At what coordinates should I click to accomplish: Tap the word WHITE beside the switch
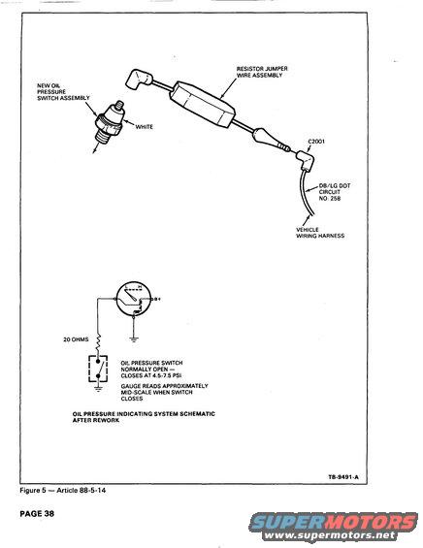(x=144, y=127)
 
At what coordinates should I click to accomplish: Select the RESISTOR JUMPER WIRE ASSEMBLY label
(x=262, y=72)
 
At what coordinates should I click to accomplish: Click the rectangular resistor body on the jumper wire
(x=202, y=105)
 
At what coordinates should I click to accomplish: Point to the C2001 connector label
(x=316, y=142)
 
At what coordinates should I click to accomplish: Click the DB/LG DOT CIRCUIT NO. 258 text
(x=334, y=192)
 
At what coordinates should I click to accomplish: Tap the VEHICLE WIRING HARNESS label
(x=320, y=233)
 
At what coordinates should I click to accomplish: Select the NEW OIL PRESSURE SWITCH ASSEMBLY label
(x=63, y=92)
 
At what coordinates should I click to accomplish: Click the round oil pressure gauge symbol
(x=134, y=299)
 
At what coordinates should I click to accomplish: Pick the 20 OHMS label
(x=76, y=339)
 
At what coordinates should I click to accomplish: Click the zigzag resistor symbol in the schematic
(x=99, y=341)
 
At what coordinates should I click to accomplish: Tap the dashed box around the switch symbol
(x=98, y=370)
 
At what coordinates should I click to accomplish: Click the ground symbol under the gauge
(x=134, y=338)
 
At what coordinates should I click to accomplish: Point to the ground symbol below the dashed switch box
(x=98, y=388)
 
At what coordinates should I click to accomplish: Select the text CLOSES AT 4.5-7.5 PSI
(x=151, y=376)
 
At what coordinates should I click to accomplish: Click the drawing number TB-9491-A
(x=343, y=477)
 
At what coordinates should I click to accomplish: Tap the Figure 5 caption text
(x=62, y=491)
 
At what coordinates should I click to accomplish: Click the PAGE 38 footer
(x=37, y=513)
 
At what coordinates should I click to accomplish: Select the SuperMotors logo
(x=334, y=527)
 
